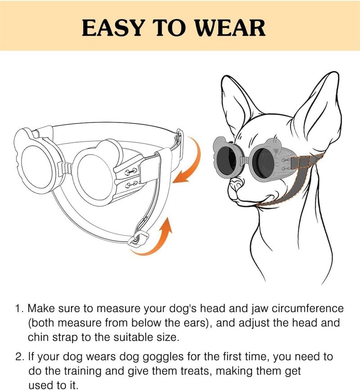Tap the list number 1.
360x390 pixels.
[18, 309]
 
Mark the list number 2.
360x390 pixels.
[18, 357]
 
